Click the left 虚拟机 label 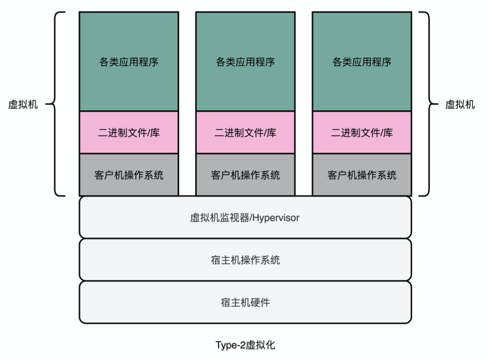[x=23, y=104]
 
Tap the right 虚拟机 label [x=460, y=104]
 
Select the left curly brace [x=55, y=104]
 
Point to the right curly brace [x=429, y=104]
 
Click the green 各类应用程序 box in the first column [x=129, y=61]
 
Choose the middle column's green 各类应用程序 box [x=245, y=61]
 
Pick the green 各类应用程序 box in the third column [x=362, y=61]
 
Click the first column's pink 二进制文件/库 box [x=129, y=132]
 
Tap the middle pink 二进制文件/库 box [x=245, y=132]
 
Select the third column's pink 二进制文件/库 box [x=362, y=132]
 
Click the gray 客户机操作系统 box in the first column [x=129, y=175]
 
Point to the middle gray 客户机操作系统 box [x=245, y=175]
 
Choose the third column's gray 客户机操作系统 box [x=362, y=175]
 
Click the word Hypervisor [x=276, y=218]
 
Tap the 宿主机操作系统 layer [x=245, y=260]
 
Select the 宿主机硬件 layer [x=245, y=303]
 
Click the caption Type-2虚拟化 [x=245, y=345]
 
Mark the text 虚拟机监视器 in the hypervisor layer [x=220, y=218]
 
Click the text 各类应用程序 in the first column [x=129, y=62]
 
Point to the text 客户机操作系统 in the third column [x=362, y=175]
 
